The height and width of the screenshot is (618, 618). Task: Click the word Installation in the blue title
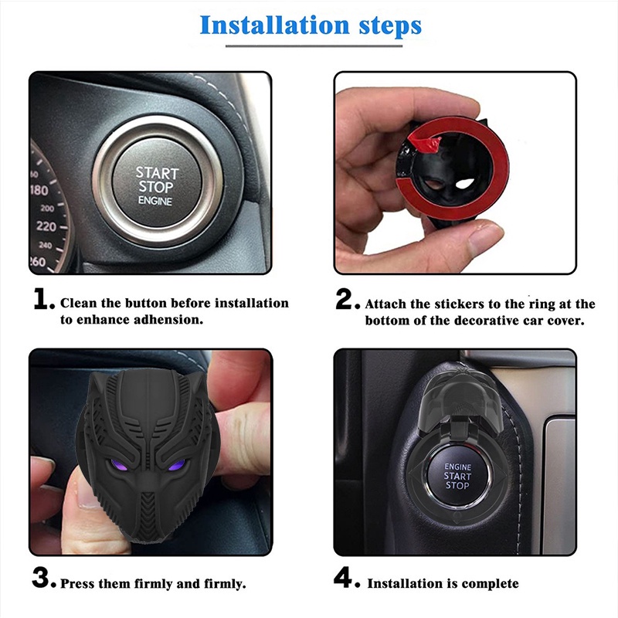pyautogui.click(x=275, y=25)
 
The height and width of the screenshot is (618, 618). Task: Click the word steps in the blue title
pyautogui.click(x=390, y=27)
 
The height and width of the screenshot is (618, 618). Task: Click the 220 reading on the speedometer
pyautogui.click(x=46, y=226)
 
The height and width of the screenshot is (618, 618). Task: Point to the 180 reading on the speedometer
pyautogui.click(x=39, y=190)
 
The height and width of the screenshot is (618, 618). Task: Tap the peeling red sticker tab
pyautogui.click(x=424, y=143)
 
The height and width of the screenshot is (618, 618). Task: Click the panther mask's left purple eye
pyautogui.click(x=120, y=466)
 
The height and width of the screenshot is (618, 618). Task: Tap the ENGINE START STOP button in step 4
pyautogui.click(x=457, y=476)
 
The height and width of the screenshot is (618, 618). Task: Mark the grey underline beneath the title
pyautogui.click(x=314, y=46)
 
